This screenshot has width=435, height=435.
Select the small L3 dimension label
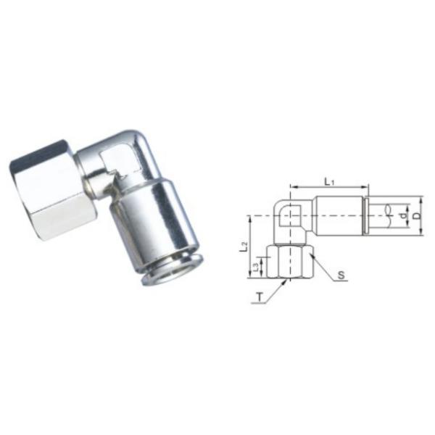(x=254, y=268)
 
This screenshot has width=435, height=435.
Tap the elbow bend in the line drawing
(x=289, y=215)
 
